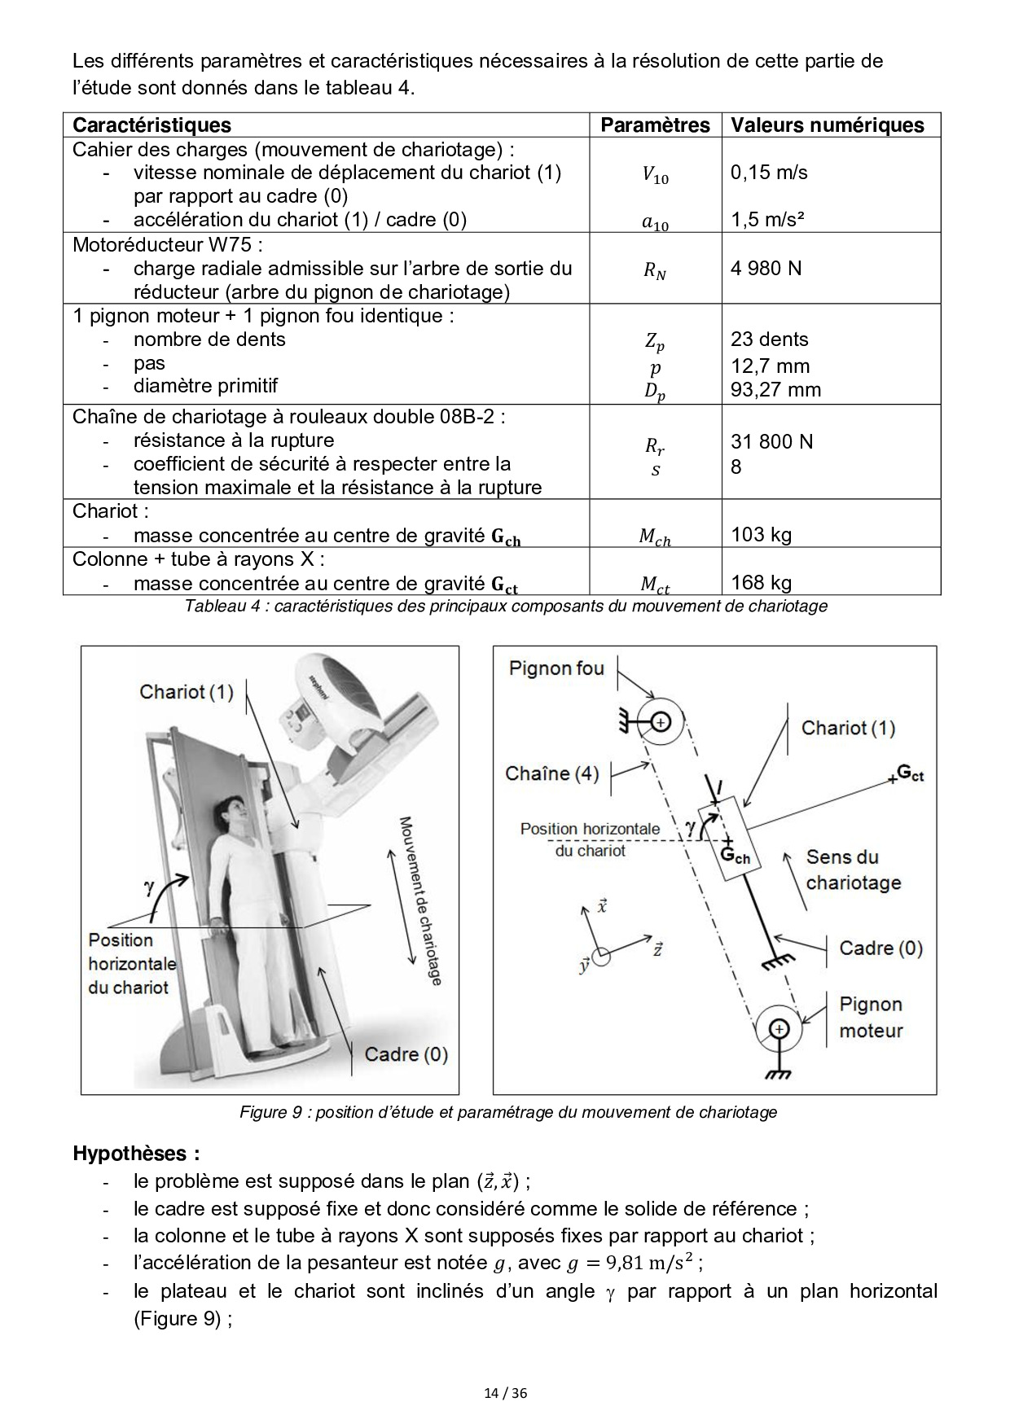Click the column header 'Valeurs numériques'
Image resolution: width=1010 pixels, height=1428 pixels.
827,125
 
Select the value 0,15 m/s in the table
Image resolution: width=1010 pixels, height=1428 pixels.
769,173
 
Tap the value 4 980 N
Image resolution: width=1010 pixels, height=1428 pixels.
766,268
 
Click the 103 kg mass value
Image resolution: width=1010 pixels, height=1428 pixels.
761,534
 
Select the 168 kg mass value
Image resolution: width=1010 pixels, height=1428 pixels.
761,582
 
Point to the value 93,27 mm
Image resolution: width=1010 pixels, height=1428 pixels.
775,389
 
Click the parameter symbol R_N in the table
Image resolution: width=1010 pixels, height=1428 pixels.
655,272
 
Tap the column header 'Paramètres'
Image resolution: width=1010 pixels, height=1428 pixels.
655,125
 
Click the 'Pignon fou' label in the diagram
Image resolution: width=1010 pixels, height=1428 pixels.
556,668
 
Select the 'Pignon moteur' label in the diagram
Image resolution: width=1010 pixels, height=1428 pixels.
871,1018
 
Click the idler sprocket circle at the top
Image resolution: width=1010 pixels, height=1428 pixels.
660,721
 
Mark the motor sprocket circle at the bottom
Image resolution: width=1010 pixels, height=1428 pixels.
779,1030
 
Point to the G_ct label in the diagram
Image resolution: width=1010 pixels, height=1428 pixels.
910,773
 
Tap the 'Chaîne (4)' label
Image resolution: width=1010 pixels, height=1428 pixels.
552,773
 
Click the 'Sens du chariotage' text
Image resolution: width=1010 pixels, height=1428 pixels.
854,870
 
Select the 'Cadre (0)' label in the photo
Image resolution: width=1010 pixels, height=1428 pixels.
406,1054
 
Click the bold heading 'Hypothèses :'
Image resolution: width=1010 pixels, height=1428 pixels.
136,1154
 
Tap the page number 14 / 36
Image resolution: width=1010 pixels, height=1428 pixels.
506,1393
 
